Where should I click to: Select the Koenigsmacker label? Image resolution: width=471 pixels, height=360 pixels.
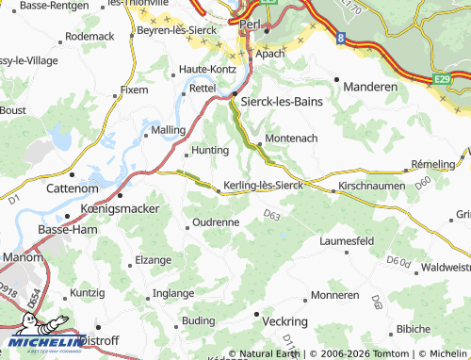click(x=117, y=206)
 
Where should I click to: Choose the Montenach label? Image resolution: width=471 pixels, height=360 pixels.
click(x=292, y=138)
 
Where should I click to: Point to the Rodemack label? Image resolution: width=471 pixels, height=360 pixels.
click(x=89, y=36)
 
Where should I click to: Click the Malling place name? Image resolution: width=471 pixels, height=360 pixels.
click(x=168, y=129)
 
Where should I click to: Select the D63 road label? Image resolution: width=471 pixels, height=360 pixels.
click(x=272, y=216)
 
